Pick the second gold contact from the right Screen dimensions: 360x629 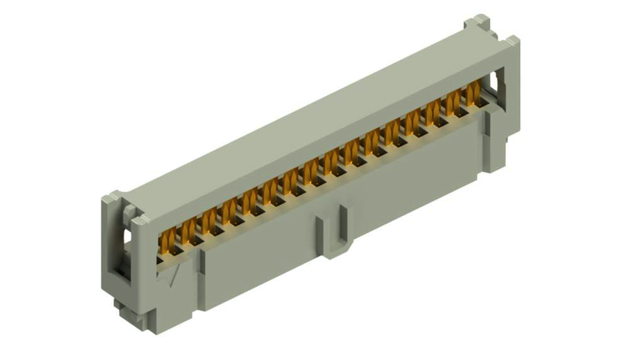[455, 100]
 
